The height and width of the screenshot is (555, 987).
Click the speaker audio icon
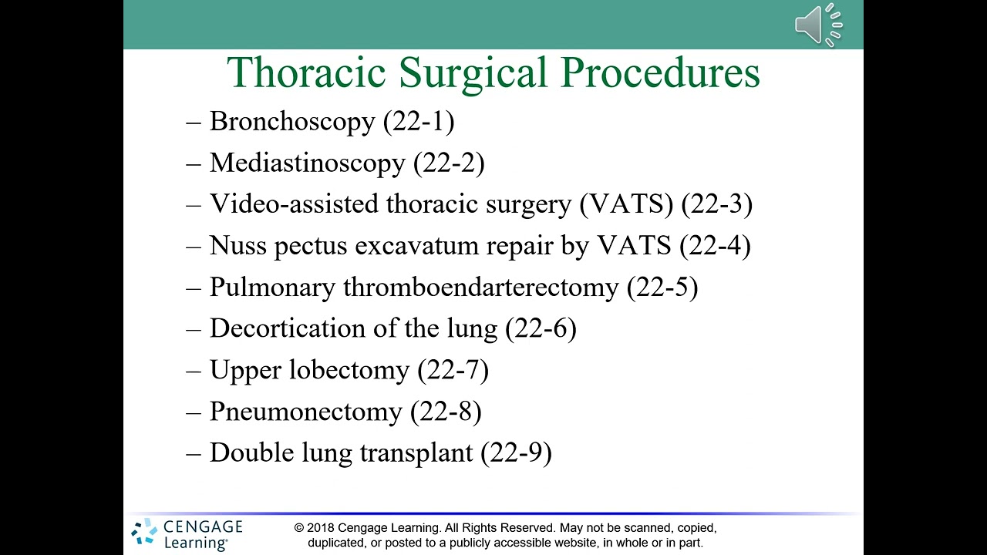point(818,25)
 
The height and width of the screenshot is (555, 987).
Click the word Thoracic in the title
point(306,73)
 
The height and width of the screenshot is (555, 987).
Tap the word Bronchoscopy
point(292,122)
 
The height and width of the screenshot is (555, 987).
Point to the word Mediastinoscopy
point(307,163)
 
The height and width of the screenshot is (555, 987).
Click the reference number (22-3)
point(717,204)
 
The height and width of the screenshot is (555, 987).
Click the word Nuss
point(238,246)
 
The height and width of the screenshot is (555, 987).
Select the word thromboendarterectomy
point(480,288)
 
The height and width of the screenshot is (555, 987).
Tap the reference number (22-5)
point(662,288)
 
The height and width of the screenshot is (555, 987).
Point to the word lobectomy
point(349,371)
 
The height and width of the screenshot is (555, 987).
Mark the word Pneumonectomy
point(305,412)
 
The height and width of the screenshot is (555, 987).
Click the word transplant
point(416,453)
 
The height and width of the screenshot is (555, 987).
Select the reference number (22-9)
point(516,453)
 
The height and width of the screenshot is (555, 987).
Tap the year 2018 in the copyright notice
point(319,528)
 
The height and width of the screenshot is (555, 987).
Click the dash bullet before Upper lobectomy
point(194,371)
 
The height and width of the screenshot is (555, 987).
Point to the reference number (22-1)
point(419,122)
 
